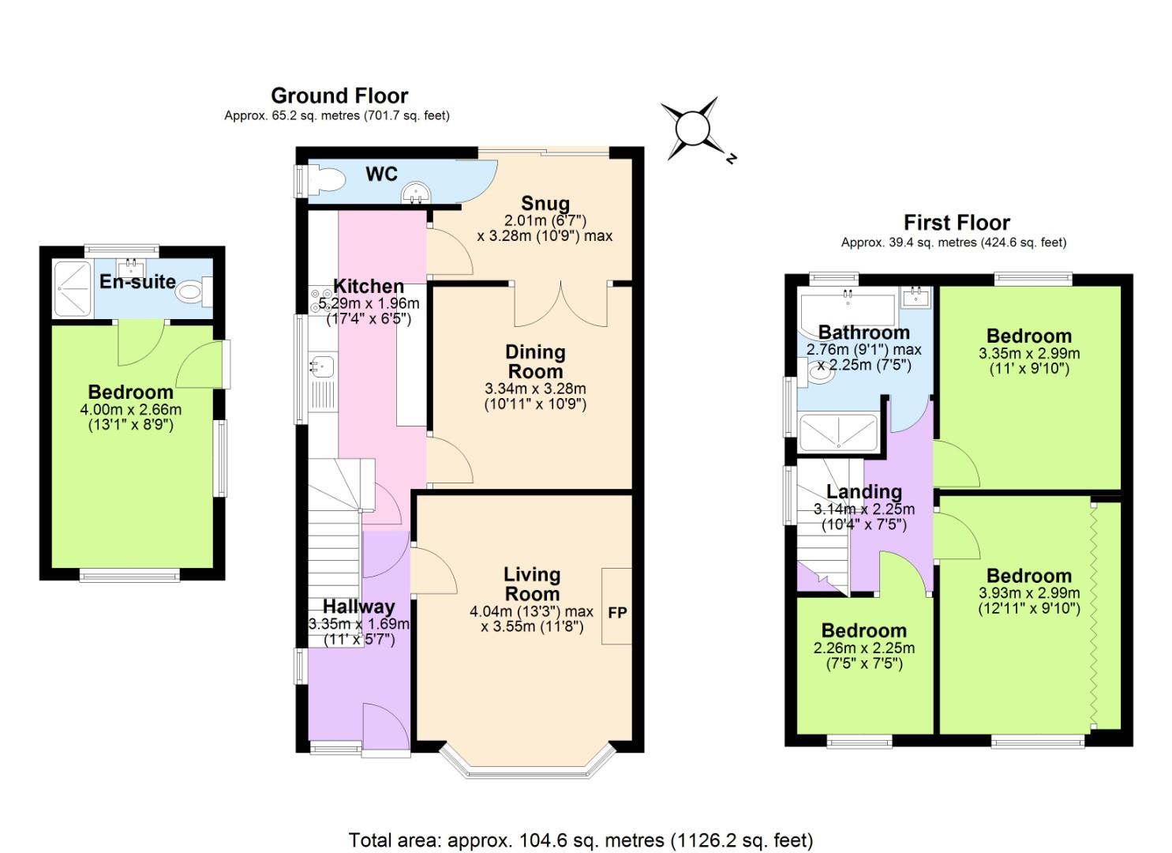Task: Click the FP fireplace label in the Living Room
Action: coord(617,612)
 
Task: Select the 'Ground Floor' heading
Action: coord(339,96)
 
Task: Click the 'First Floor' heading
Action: coord(957,223)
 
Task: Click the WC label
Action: coord(381,174)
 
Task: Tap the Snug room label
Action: coord(545,204)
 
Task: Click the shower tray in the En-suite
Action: coord(73,289)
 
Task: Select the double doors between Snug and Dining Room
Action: coord(560,305)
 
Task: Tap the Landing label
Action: coord(863,492)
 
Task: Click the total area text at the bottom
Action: coord(581,840)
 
